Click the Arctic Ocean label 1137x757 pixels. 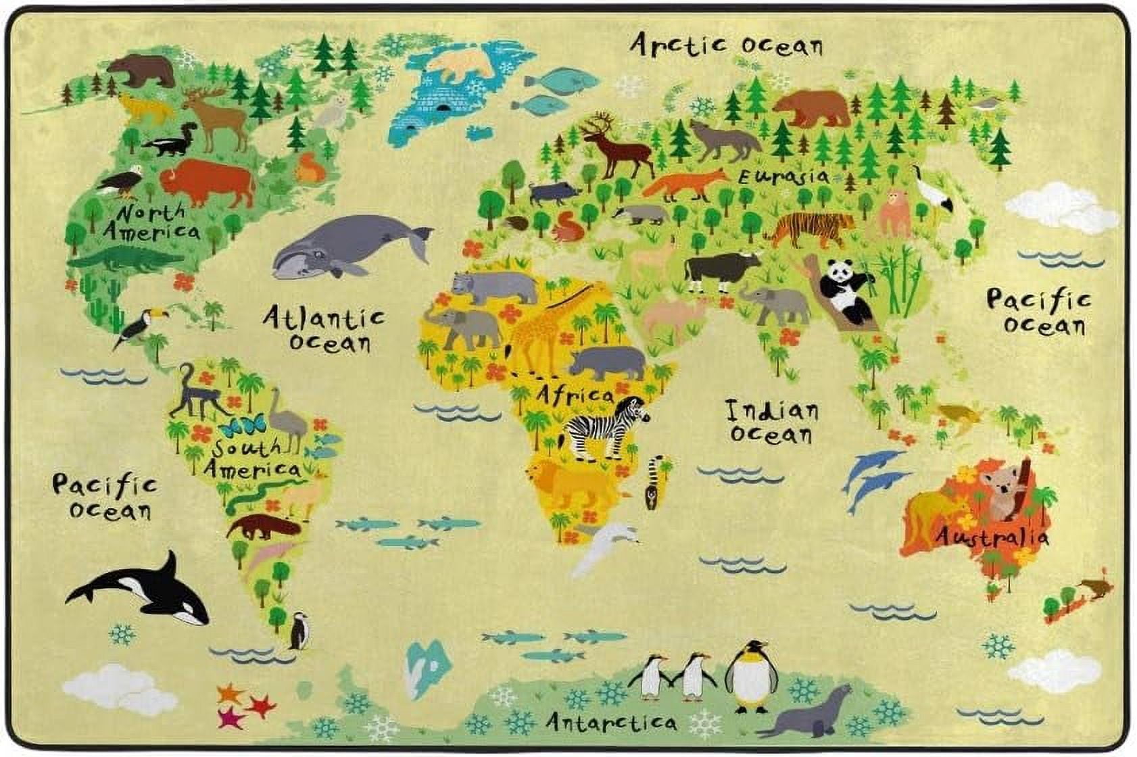click(727, 45)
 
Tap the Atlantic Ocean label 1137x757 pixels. click(325, 328)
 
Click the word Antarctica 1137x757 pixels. click(610, 723)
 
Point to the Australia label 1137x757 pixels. click(992, 537)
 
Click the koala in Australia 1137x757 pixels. click(1004, 490)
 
